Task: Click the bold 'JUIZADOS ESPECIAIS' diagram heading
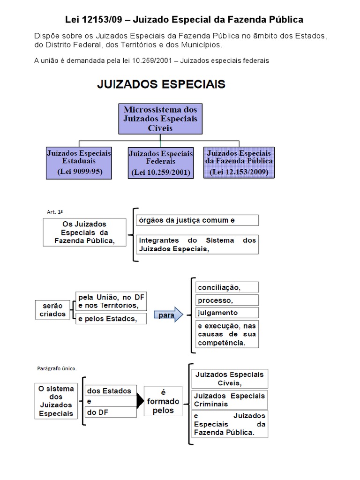[161, 84]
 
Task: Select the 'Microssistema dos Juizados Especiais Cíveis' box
[160, 119]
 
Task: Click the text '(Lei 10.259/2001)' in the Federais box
[160, 172]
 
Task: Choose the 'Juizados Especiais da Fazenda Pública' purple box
[239, 162]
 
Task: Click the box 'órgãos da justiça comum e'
[197, 220]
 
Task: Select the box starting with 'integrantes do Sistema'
[197, 245]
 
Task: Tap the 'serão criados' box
[52, 310]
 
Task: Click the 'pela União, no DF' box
[111, 301]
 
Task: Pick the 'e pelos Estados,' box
[111, 319]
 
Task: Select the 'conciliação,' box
[227, 287]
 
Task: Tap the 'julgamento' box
[227, 313]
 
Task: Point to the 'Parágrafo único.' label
[56, 368]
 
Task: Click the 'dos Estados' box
[110, 391]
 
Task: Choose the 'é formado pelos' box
[163, 401]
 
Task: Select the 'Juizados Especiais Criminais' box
[229, 399]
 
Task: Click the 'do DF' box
[110, 412]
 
